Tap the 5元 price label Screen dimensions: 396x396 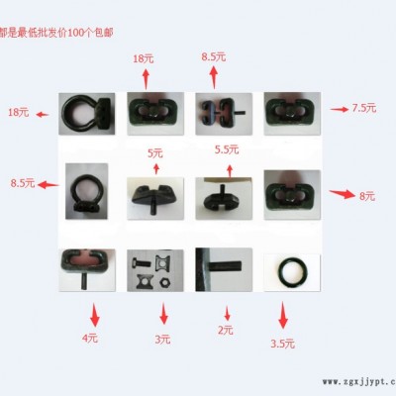[155, 152]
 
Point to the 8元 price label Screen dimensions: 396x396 [367, 197]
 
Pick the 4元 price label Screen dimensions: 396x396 [91, 339]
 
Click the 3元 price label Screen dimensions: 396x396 [163, 339]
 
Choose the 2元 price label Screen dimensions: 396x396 [226, 330]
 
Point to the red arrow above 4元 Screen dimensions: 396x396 [94, 316]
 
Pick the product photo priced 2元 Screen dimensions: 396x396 [223, 271]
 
